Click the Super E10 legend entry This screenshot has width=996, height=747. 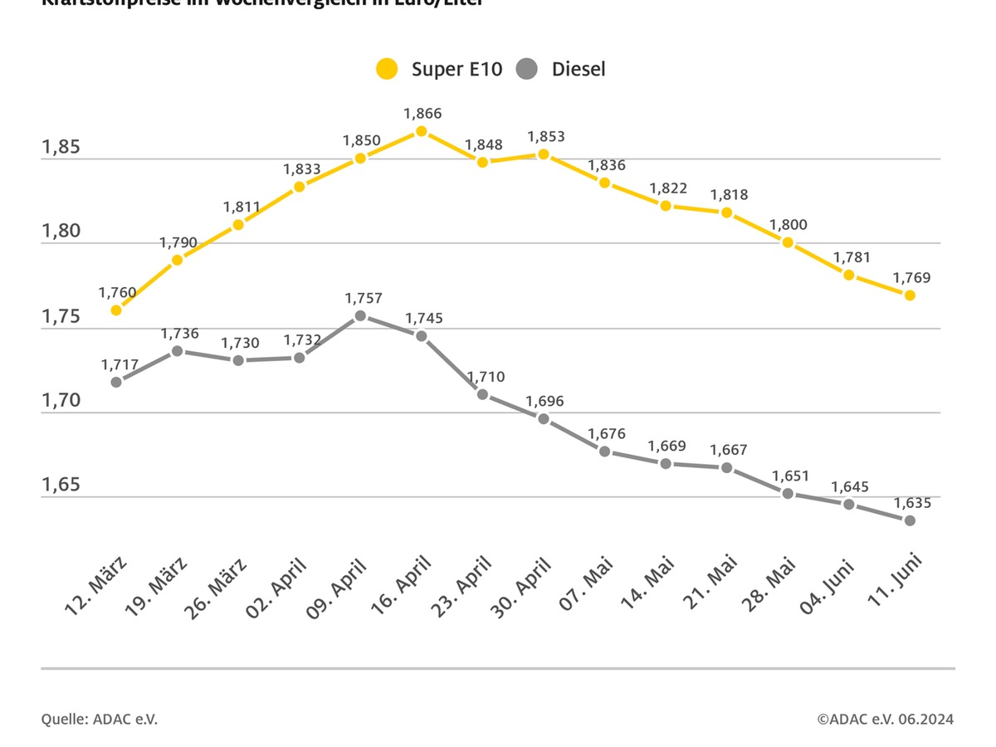pyautogui.click(x=439, y=69)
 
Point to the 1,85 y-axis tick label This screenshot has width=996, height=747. pyautogui.click(x=61, y=148)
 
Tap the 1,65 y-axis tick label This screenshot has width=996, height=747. pyautogui.click(x=61, y=485)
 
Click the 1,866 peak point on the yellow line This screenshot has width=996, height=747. pyautogui.click(x=422, y=131)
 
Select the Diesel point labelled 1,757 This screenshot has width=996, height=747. pyautogui.click(x=360, y=315)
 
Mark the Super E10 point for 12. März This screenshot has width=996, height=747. pyautogui.click(x=116, y=310)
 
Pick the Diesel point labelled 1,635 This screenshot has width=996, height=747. pyautogui.click(x=910, y=520)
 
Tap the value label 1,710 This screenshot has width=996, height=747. pyautogui.click(x=483, y=377)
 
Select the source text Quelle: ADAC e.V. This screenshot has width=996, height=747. pyautogui.click(x=100, y=719)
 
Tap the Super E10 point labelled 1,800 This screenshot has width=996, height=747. pyautogui.click(x=788, y=242)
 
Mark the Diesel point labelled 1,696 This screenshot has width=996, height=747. pyautogui.click(x=544, y=418)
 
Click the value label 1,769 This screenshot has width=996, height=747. pyautogui.click(x=912, y=278)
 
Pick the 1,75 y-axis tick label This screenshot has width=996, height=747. pyautogui.click(x=61, y=317)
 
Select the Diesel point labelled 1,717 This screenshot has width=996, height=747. pyautogui.click(x=116, y=382)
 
